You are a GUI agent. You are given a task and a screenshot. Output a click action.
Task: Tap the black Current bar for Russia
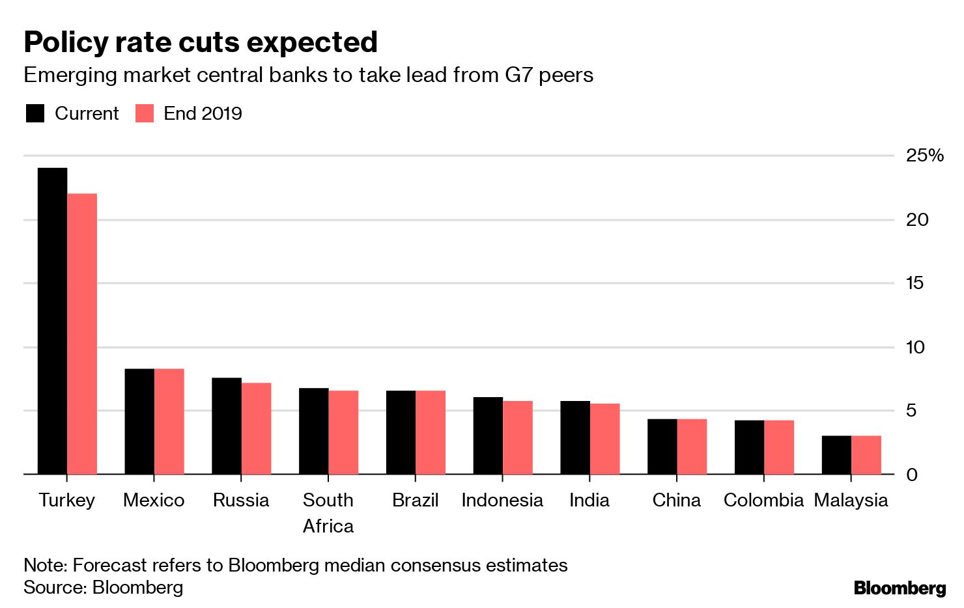tap(227, 426)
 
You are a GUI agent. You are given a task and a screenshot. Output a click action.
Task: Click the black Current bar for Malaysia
tap(836, 455)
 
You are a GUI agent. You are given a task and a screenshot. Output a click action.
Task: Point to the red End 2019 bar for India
tap(605, 439)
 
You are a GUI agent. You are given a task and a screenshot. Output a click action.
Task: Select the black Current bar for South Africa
tap(313, 431)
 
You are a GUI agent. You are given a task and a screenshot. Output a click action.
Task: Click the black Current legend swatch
tap(35, 113)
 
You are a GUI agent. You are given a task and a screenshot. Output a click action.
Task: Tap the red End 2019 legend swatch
tap(145, 113)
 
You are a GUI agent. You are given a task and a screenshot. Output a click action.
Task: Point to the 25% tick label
tap(924, 156)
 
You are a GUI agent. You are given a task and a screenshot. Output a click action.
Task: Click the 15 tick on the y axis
tap(914, 283)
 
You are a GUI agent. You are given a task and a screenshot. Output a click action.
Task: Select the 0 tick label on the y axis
tap(912, 475)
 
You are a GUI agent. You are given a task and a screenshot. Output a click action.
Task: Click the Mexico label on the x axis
tap(154, 500)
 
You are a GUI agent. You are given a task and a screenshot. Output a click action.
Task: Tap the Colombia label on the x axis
tap(763, 500)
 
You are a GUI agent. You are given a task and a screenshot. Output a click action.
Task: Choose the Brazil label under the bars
tap(416, 500)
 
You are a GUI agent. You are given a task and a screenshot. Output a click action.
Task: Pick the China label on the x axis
tap(677, 500)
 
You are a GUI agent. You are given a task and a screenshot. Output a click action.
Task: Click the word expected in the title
tap(313, 43)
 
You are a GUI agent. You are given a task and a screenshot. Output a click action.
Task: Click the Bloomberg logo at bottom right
tap(900, 588)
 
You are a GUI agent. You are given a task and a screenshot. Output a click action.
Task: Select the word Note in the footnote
tap(44, 565)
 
